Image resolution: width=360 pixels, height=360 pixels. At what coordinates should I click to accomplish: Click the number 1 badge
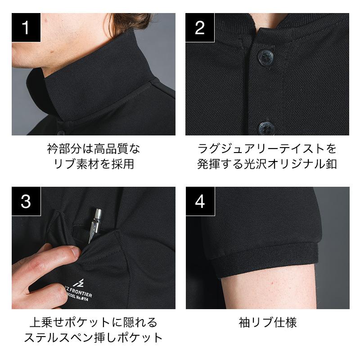[x=26, y=27]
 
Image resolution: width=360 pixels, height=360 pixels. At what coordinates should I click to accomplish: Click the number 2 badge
[x=200, y=27]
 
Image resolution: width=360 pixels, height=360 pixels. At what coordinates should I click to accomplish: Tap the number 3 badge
[x=26, y=201]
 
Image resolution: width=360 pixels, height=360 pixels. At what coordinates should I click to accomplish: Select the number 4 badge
[x=200, y=201]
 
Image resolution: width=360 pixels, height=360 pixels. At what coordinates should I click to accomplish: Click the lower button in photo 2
[x=266, y=128]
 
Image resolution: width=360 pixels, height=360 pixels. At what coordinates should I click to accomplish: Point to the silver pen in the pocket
[x=94, y=225]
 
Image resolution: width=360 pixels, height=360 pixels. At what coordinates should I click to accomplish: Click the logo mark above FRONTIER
[x=79, y=283]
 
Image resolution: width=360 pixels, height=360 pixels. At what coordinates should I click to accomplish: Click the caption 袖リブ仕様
[x=268, y=322]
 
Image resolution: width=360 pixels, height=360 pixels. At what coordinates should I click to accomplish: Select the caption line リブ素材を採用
[x=94, y=164]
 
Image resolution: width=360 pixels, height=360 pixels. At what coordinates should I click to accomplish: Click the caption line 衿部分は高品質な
[x=94, y=148]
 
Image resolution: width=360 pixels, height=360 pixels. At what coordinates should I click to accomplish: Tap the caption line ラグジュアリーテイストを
[x=267, y=148]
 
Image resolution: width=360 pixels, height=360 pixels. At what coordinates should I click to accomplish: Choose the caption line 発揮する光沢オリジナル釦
[x=267, y=164]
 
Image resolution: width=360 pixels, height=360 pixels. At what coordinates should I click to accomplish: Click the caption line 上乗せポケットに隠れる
[x=94, y=322]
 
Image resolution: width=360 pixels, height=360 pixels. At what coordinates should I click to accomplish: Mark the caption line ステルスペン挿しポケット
[x=94, y=338]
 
